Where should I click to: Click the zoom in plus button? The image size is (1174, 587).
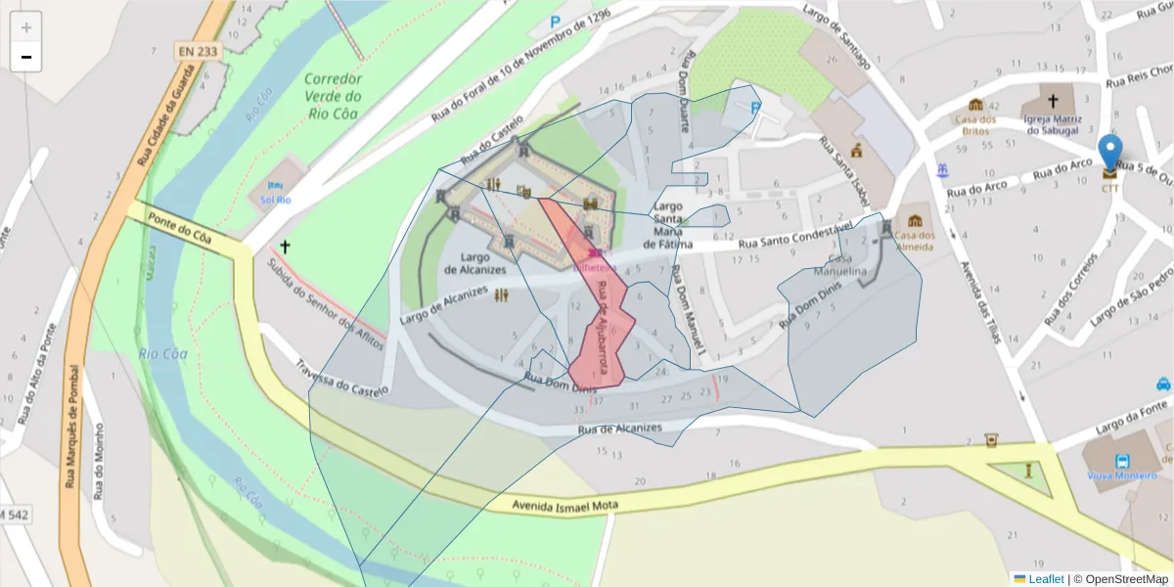click(25, 27)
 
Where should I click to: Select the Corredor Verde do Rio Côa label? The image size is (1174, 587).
click(333, 96)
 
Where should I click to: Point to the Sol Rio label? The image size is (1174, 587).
click(275, 200)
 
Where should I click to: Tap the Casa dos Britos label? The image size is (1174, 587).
click(975, 124)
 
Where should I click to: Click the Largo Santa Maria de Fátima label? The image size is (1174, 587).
click(668, 225)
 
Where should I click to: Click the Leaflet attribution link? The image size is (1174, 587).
click(1045, 579)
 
